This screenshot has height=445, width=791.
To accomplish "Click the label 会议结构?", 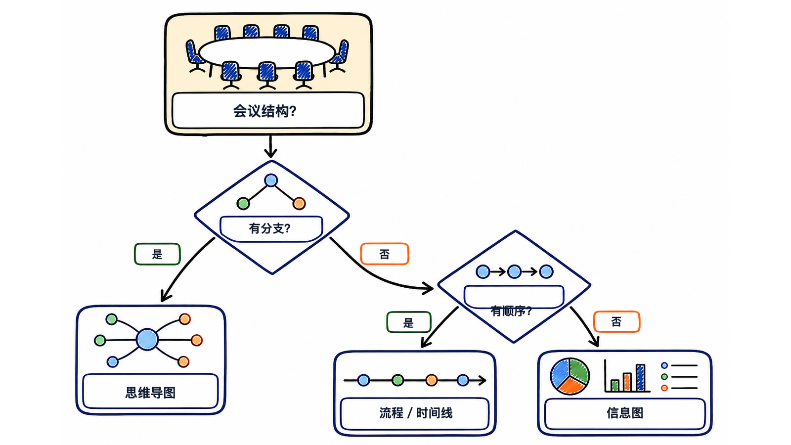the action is click(264, 111).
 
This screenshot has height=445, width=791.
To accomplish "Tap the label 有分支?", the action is click(270, 228).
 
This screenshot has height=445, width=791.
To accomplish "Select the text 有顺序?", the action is click(511, 311).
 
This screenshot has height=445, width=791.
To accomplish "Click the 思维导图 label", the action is click(150, 393).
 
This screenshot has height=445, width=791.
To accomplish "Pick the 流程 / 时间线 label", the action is click(416, 412).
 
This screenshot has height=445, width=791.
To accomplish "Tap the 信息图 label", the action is click(625, 412).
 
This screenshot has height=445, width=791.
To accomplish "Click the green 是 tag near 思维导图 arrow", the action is click(158, 254).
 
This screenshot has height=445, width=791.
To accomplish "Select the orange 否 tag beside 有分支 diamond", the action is click(385, 254).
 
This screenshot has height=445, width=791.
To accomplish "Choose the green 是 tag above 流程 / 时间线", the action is click(409, 322).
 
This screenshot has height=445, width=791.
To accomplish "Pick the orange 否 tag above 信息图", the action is click(616, 321).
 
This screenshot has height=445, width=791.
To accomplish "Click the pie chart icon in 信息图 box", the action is click(570, 376).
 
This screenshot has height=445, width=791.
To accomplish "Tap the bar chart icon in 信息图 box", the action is click(627, 376).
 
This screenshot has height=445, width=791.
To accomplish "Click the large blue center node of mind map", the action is click(147, 339).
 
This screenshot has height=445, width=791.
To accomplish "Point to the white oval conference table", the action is click(267, 52).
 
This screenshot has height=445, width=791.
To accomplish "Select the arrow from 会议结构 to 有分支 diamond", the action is click(270, 146).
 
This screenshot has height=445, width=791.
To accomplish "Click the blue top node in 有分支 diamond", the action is click(271, 180).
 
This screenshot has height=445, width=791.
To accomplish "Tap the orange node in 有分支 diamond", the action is click(299, 203).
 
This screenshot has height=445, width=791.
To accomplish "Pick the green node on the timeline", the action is click(397, 380).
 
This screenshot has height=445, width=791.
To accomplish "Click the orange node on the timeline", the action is click(431, 380).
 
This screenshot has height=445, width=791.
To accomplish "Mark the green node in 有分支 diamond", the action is click(243, 203).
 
